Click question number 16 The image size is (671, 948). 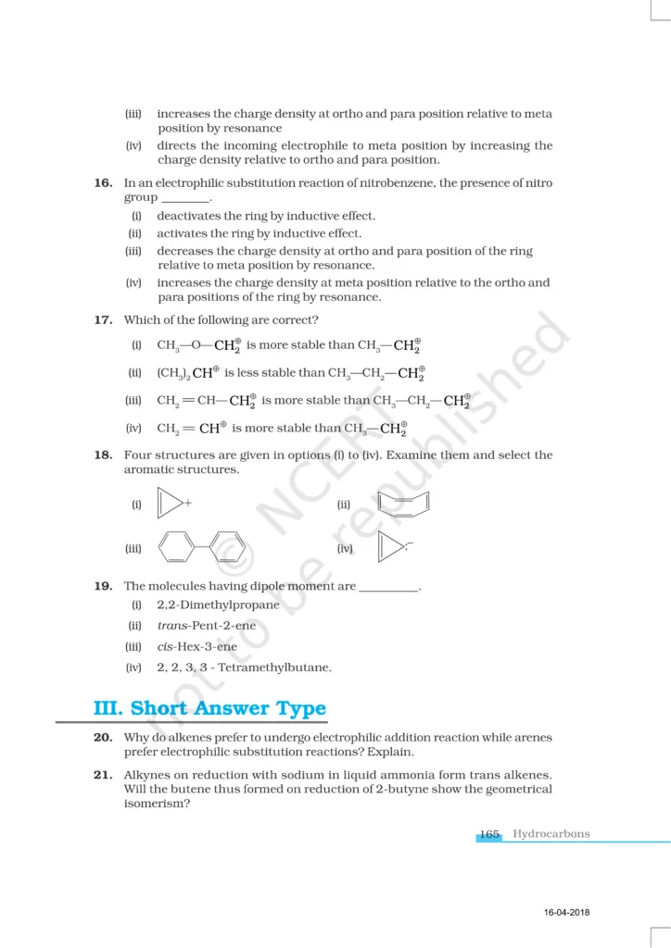tap(103, 183)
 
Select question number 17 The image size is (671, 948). tap(103, 320)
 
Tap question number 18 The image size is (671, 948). tap(103, 455)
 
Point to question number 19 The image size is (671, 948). tap(103, 586)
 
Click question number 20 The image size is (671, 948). tap(103, 738)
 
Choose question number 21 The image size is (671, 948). tap(103, 776)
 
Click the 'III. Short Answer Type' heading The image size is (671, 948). tap(210, 709)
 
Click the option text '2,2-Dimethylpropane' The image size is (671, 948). tap(218, 605)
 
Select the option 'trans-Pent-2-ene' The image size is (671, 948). tap(207, 626)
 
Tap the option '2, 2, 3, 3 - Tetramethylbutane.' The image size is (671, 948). tap(244, 667)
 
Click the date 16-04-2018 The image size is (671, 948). tap(567, 914)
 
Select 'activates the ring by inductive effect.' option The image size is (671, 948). tap(260, 234)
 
